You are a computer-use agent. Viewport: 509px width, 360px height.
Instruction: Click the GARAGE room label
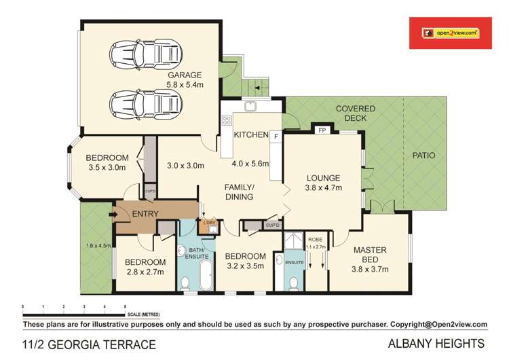[x=185, y=75]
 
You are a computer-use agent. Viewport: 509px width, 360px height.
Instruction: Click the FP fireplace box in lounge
[x=322, y=130]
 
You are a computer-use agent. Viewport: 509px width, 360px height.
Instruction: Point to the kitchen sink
[x=250, y=105]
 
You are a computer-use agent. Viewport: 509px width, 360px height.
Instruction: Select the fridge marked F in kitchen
[x=276, y=136]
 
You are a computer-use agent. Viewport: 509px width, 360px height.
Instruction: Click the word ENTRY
[x=145, y=215]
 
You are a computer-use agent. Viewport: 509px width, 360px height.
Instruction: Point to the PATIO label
[x=424, y=156]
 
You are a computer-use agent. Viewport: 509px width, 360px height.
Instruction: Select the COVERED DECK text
[x=351, y=113]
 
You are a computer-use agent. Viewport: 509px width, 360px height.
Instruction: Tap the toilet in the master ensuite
[x=293, y=283]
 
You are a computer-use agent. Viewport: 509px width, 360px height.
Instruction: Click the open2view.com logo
[x=451, y=32]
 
